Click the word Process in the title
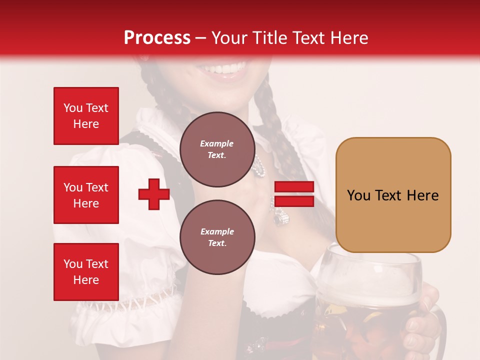[157, 37]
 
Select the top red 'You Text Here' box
[86, 116]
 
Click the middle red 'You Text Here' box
[86, 195]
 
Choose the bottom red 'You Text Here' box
[86, 271]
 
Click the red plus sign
[154, 195]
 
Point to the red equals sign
[294, 194]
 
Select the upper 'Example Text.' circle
[217, 149]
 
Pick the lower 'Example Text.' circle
[217, 237]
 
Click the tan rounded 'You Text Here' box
[393, 195]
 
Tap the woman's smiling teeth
[229, 68]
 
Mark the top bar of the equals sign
[294, 187]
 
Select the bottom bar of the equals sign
[294, 201]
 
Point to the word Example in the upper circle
[217, 143]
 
